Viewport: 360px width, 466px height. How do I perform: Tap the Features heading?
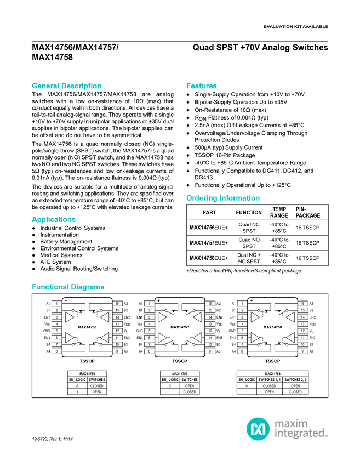(202, 86)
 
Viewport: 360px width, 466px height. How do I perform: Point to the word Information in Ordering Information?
(240, 198)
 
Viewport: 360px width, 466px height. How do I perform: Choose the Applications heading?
(54, 220)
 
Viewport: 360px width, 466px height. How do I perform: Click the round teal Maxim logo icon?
(258, 429)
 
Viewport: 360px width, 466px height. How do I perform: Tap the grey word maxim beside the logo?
(291, 423)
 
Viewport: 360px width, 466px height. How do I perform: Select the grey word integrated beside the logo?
(301, 434)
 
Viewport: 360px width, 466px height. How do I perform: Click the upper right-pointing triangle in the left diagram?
(70, 317)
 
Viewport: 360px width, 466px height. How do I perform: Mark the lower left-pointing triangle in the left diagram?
(104, 337)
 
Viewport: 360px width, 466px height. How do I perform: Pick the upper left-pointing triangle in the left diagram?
(104, 317)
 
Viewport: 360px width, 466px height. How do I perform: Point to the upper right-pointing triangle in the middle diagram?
(162, 317)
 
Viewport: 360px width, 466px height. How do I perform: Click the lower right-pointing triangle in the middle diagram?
(162, 337)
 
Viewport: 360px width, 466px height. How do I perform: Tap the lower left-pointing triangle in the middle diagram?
(197, 337)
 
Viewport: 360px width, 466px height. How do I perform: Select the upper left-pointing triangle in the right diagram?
(290, 317)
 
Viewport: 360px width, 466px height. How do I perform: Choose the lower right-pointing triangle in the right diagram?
(255, 337)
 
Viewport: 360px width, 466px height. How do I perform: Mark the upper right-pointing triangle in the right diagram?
(255, 317)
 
